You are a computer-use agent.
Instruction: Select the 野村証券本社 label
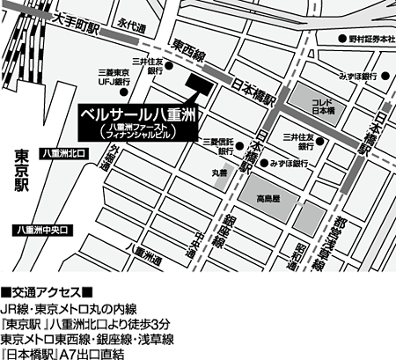click(x=369, y=40)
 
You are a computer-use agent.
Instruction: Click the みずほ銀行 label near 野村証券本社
click(x=360, y=76)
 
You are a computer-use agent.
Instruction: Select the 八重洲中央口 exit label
click(x=41, y=231)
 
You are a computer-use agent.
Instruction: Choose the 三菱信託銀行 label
click(x=217, y=146)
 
